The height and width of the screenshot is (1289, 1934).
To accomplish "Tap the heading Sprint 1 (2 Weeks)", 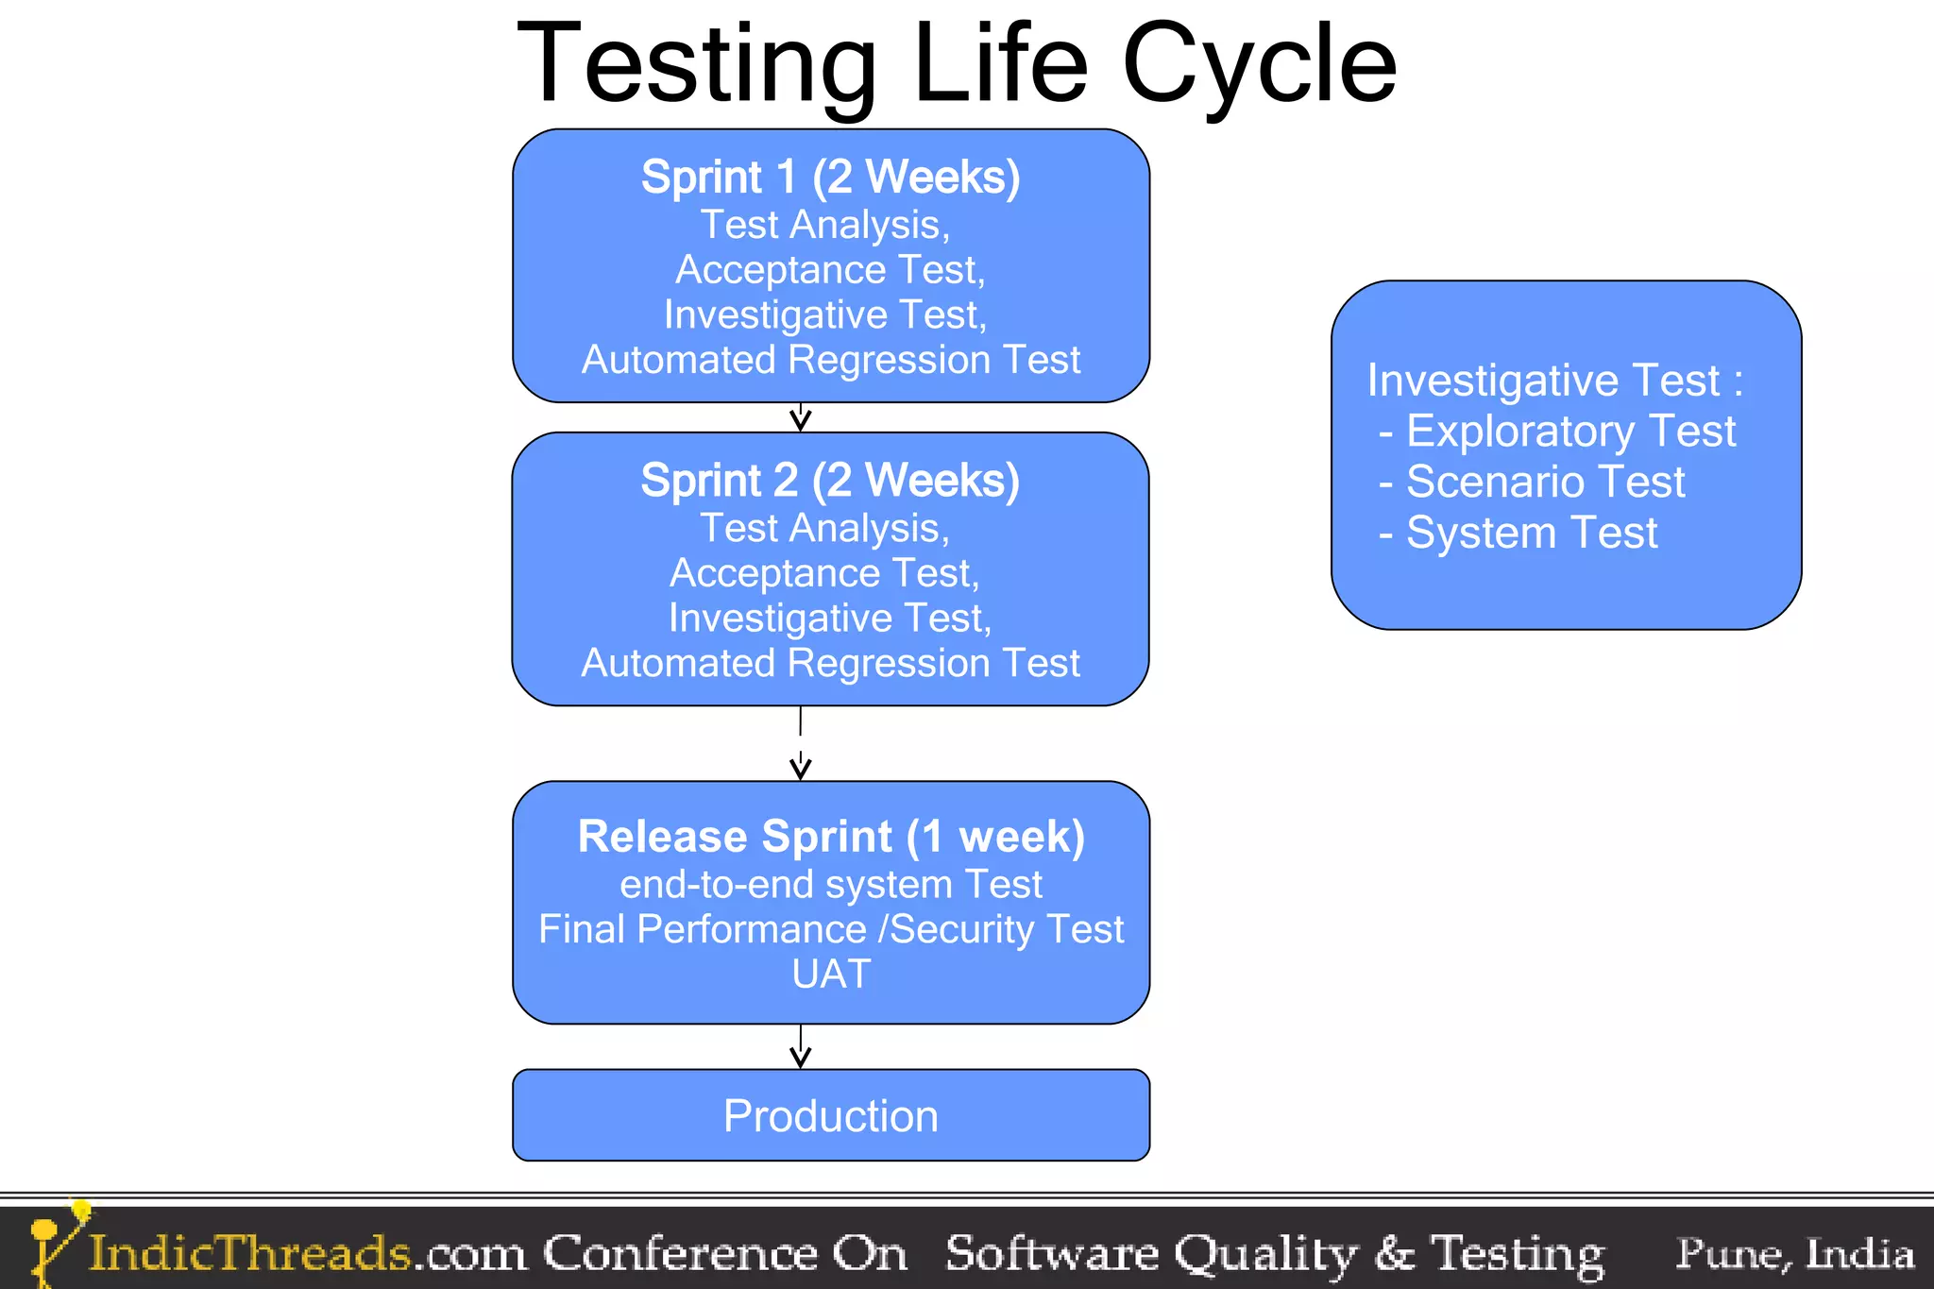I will (x=830, y=178).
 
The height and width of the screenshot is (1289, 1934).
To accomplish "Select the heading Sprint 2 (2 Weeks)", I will (x=830, y=481).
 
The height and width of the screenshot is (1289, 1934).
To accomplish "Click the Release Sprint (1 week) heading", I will (x=831, y=837).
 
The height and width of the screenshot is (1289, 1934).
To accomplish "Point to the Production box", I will (x=831, y=1115).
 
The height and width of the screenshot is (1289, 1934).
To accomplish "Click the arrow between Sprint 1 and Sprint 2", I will (x=801, y=417).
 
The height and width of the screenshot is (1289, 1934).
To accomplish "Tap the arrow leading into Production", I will (x=801, y=1048).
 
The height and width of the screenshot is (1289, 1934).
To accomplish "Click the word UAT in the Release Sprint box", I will (x=831, y=975).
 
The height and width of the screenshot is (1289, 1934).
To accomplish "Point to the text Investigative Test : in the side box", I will (x=1553, y=381).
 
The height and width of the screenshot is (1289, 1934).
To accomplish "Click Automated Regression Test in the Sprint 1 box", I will (x=831, y=360).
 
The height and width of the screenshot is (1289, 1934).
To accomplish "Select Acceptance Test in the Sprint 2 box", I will (x=824, y=573).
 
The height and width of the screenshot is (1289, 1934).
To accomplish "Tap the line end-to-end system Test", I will (x=831, y=885).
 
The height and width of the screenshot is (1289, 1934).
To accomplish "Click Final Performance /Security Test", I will (x=831, y=929).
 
